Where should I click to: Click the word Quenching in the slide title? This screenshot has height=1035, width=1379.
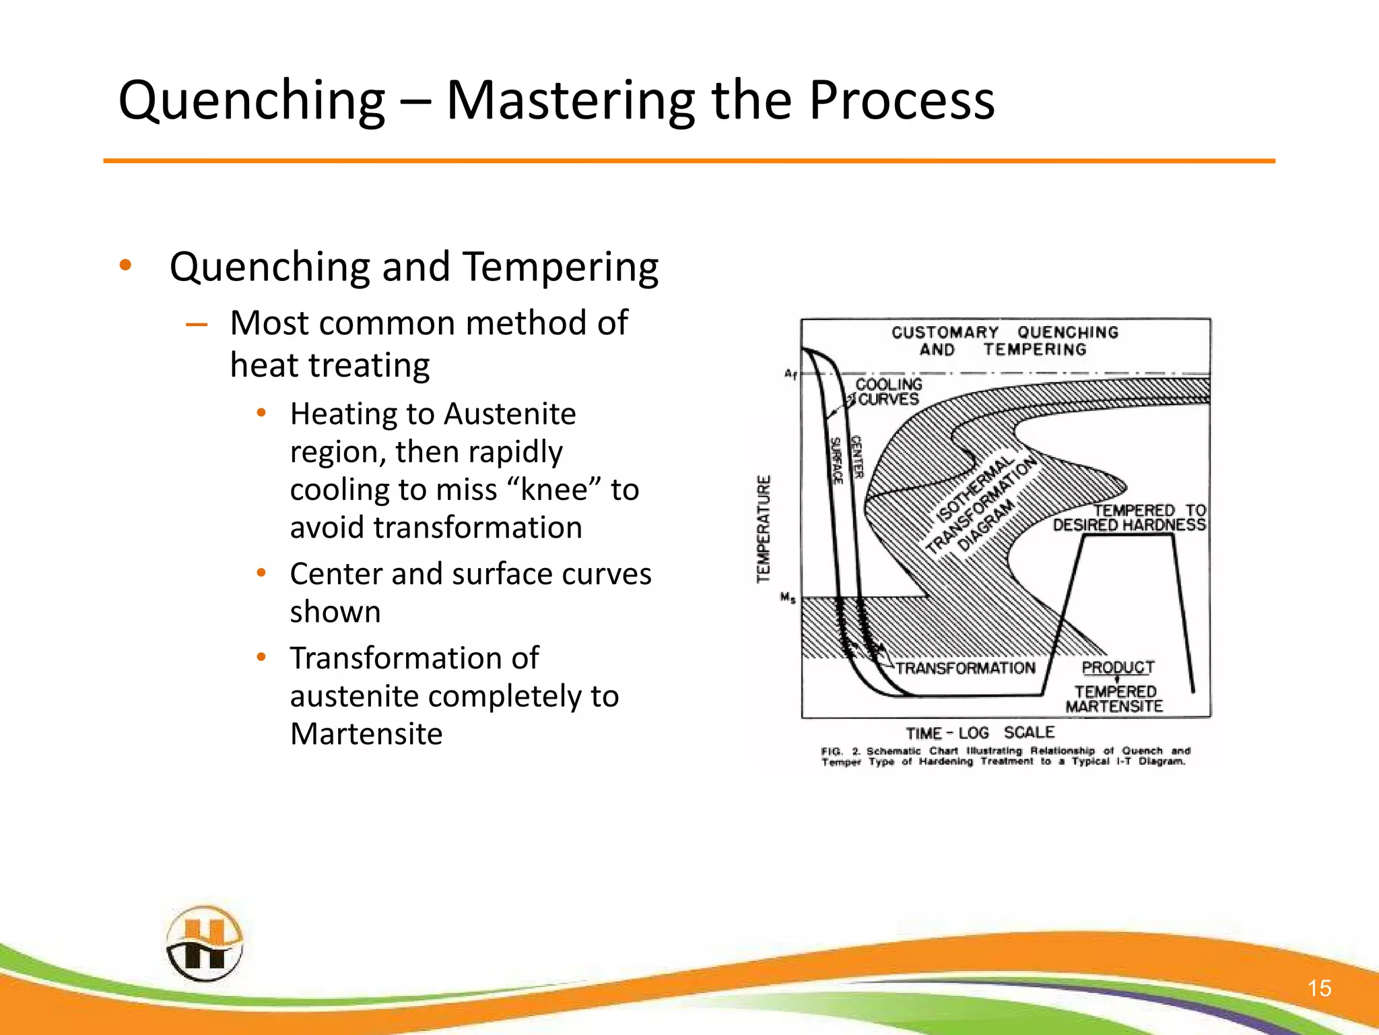251,101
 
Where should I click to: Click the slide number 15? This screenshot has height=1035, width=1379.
1319,989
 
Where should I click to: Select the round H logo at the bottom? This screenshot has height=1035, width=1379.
204,943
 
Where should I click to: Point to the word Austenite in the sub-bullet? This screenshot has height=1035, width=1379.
510,414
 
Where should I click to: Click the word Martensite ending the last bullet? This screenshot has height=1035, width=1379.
366,734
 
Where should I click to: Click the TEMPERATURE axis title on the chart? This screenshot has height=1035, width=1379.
763,529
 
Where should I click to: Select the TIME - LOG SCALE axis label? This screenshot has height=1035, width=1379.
980,732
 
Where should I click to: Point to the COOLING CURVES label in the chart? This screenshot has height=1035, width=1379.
888,391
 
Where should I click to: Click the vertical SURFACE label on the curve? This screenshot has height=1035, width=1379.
835,461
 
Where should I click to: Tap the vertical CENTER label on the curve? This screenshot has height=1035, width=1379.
856,457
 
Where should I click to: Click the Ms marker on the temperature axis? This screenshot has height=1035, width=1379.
788,598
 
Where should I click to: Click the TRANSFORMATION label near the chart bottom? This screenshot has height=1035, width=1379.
965,668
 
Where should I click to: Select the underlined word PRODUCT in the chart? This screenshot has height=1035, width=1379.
1118,667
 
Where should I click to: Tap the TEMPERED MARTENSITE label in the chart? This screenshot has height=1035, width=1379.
1114,699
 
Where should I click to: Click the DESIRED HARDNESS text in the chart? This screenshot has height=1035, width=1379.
1129,525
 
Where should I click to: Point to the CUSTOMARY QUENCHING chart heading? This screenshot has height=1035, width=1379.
1005,333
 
